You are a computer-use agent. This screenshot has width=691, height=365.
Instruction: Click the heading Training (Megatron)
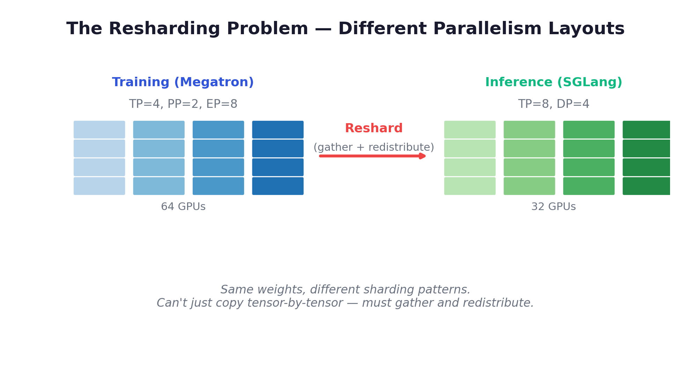183,82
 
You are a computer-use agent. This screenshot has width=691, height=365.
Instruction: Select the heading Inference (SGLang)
553,82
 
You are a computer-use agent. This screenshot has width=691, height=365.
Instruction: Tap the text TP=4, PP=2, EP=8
183,104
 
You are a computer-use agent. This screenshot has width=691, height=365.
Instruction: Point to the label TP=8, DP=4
553,104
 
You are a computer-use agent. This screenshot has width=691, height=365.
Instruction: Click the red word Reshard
373,128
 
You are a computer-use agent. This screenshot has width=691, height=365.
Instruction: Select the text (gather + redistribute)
373,147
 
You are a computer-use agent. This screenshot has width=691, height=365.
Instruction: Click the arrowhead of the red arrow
423,156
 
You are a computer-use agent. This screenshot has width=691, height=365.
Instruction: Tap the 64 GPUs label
183,207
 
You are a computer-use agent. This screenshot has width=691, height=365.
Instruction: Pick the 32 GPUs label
553,207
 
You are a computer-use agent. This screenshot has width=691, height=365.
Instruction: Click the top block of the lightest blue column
99,129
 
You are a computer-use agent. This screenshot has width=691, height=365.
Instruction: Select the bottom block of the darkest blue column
278,186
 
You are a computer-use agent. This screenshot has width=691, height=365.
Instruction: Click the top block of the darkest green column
646,129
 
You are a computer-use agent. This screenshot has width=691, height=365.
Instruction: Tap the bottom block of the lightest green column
470,186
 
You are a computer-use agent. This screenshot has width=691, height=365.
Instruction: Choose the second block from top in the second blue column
159,148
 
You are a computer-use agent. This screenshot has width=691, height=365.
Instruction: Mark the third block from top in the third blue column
218,167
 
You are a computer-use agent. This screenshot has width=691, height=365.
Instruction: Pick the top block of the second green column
529,129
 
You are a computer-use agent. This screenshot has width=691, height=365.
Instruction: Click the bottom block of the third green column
589,186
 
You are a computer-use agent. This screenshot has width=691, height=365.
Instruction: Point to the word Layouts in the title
586,29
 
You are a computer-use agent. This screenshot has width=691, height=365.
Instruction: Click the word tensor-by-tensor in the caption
295,303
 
